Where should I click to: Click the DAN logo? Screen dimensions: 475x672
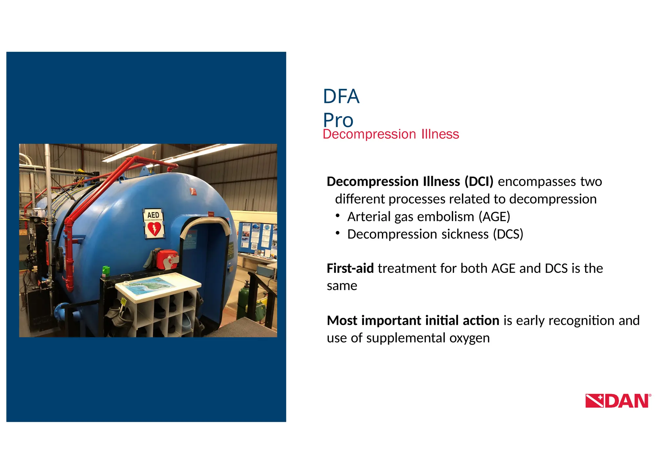[618, 401]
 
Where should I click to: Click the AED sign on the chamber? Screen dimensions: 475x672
[153, 223]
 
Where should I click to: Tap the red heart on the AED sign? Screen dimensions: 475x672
[154, 229]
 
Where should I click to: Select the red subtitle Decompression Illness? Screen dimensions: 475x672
[390, 134]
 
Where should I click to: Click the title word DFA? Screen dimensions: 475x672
[341, 96]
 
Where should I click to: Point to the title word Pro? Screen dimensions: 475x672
[338, 120]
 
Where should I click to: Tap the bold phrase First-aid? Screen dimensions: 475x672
[350, 268]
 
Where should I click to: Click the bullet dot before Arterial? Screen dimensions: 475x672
[338, 216]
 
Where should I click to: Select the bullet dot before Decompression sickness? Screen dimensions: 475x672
[338, 233]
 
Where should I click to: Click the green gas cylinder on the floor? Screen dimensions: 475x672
[243, 299]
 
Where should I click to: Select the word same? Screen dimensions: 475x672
[342, 286]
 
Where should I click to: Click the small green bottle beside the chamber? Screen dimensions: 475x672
[106, 272]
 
